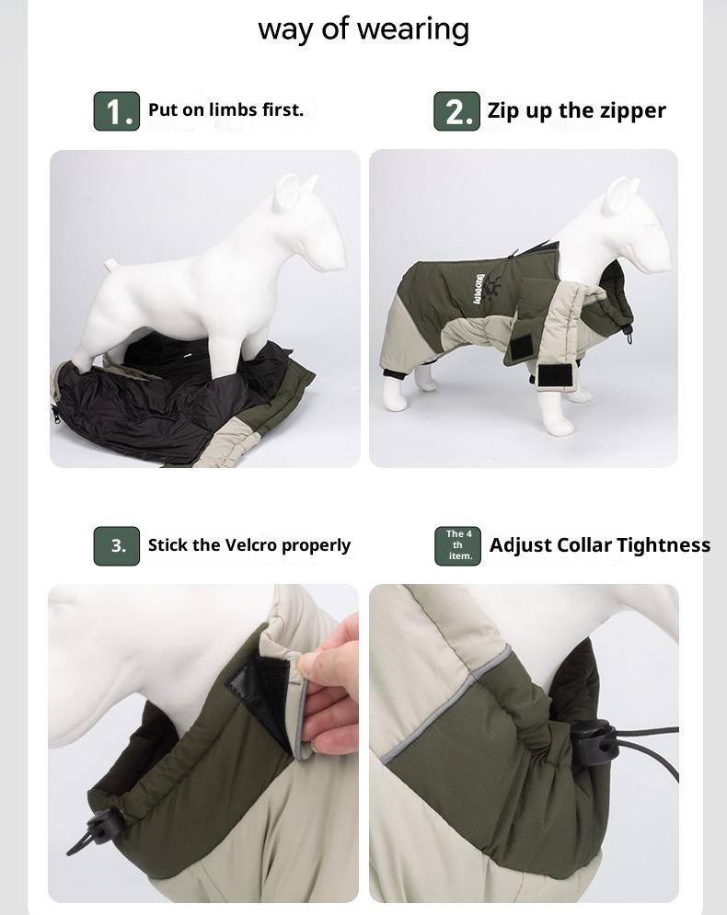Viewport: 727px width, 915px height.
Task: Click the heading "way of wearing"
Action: click(363, 29)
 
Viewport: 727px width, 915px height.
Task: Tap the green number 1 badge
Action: click(117, 111)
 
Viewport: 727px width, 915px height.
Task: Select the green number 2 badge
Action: click(457, 111)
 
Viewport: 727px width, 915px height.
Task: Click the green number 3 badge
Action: click(117, 545)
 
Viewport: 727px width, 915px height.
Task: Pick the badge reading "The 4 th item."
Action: click(458, 545)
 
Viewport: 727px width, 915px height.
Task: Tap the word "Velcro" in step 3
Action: click(248, 544)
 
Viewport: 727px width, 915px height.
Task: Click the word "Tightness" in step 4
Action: click(664, 544)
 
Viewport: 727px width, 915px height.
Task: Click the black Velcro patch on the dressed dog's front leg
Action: click(555, 376)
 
